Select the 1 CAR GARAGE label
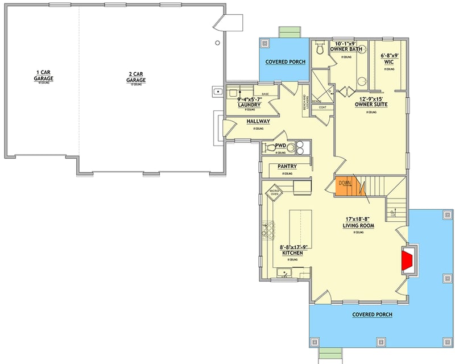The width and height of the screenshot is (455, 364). [44, 75]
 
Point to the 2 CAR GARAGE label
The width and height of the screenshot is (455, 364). [136, 77]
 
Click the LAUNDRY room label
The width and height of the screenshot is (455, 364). [250, 105]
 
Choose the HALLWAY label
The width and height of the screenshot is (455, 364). [258, 122]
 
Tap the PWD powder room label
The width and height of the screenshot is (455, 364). [280, 146]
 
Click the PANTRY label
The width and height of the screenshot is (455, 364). [287, 166]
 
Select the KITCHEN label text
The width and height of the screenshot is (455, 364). [291, 253]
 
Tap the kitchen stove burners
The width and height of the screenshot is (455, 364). [268, 231]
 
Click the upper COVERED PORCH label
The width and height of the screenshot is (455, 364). [286, 61]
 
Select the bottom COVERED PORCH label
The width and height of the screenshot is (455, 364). [372, 314]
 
